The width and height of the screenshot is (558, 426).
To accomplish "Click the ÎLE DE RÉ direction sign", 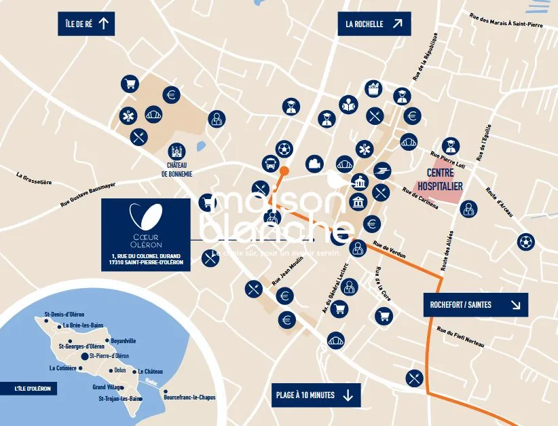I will click(x=86, y=24).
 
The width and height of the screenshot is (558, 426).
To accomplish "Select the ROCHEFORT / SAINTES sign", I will click(x=475, y=305).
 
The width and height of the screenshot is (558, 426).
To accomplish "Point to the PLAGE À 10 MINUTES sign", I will click(x=316, y=395).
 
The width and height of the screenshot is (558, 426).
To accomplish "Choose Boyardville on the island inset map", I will click(x=124, y=340).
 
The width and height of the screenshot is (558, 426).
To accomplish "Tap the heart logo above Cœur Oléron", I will click(x=146, y=216).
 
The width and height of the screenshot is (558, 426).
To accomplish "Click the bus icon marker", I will click(x=269, y=164).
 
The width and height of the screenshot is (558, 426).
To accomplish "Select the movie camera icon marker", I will click(x=314, y=164).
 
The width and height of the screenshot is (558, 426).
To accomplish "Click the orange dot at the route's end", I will click(x=284, y=171).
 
